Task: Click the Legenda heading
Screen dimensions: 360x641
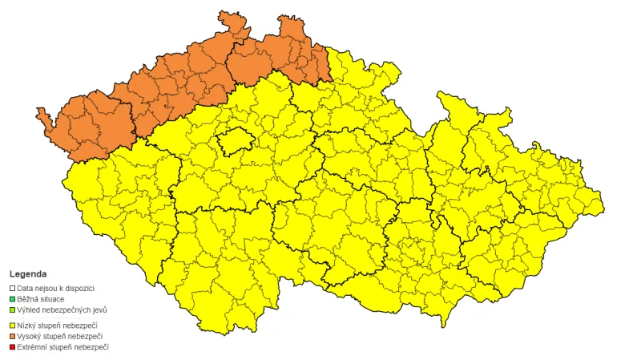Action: tap(28, 274)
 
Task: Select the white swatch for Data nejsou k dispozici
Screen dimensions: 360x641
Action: tap(12, 288)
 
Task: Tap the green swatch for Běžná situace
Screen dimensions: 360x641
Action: tap(12, 299)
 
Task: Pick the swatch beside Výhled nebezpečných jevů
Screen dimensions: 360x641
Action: tap(12, 309)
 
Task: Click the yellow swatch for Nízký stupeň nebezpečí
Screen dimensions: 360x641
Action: tap(12, 326)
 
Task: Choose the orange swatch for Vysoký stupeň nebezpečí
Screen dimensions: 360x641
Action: tap(12, 336)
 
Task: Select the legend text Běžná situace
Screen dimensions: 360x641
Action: tap(41, 299)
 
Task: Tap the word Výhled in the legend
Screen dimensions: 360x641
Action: tap(30, 309)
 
